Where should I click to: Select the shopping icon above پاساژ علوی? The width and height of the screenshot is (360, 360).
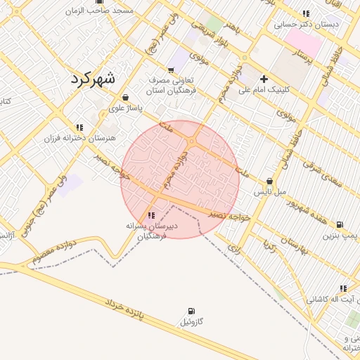125,98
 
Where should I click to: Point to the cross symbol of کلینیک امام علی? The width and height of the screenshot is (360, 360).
264,79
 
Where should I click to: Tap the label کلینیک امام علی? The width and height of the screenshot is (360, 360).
264,90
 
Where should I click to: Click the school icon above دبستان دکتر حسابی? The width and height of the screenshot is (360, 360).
306,13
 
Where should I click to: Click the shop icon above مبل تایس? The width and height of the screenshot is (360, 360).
269,181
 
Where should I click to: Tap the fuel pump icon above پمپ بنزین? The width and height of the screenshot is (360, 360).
340,224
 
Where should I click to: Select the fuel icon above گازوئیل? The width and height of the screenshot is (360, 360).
191,311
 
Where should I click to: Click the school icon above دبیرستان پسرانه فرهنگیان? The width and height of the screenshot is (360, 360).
152,214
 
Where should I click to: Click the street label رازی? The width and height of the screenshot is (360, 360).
234,248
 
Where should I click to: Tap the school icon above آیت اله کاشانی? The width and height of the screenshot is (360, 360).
343,288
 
